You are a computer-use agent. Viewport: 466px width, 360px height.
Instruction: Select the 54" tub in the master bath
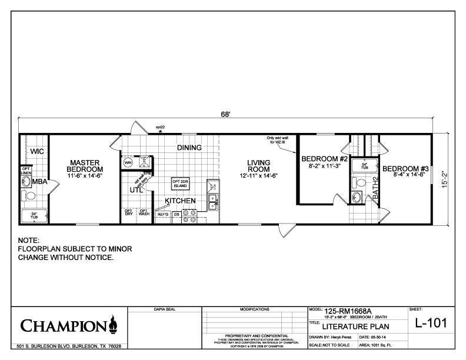[33, 215]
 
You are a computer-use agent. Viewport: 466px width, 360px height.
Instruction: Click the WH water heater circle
[128, 162]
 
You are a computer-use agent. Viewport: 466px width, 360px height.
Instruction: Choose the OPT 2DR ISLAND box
[179, 182]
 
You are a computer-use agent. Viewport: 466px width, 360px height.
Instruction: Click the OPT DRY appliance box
[128, 214]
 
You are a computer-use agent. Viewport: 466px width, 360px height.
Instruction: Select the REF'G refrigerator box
[162, 215]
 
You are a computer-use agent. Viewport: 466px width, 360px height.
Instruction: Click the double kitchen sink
[213, 198]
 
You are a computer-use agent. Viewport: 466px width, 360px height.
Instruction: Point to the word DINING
[189, 148]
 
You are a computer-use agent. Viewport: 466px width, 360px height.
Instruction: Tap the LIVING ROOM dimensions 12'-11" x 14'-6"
[258, 175]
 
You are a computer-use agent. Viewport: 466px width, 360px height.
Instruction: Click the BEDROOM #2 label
[325, 159]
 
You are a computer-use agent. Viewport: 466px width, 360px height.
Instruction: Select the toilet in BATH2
[360, 196]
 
